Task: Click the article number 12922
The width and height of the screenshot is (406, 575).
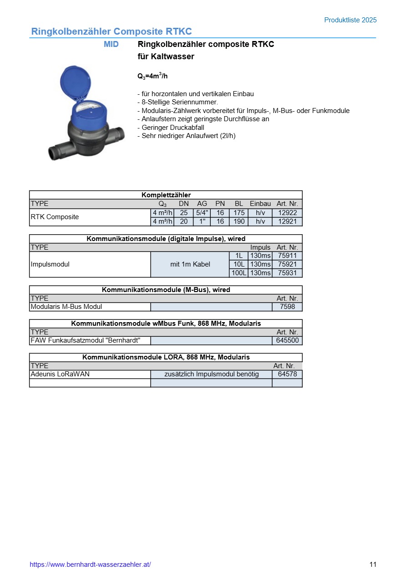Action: coord(287,213)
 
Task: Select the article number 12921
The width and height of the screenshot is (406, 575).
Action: coord(287,221)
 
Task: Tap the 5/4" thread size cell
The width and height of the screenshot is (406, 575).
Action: coord(202,213)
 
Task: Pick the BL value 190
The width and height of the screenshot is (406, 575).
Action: coord(239,221)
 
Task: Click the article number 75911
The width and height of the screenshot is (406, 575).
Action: coord(287,256)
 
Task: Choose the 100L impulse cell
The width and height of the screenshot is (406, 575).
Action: coord(239,273)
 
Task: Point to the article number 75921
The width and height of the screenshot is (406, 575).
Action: coord(287,264)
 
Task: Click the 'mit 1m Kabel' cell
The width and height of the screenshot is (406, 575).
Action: coord(190,264)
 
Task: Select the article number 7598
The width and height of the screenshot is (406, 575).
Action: coord(287,307)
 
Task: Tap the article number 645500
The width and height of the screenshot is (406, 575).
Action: coord(287,340)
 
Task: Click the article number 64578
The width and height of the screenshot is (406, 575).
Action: coord(287,374)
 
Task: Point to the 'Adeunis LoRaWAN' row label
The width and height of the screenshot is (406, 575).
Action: coord(60,374)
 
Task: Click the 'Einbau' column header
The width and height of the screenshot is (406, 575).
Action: coord(260,204)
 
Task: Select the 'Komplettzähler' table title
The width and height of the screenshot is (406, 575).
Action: coord(166,195)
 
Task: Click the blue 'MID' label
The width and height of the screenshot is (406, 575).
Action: coord(111,44)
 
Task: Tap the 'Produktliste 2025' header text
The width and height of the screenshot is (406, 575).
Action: coord(350,20)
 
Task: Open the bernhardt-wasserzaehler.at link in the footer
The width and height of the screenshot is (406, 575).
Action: coord(90,565)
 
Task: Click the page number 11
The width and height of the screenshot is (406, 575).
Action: coord(373,565)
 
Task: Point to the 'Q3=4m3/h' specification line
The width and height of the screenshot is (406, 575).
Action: coord(152,76)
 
